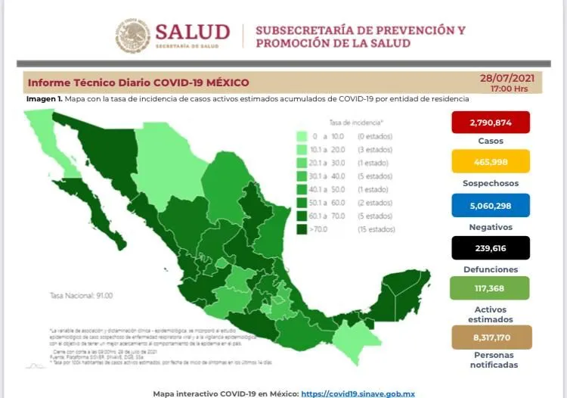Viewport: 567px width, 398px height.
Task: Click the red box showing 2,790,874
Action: click(490, 123)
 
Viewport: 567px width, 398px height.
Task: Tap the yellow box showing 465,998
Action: click(490, 164)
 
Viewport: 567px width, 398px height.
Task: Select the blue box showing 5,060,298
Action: click(490, 207)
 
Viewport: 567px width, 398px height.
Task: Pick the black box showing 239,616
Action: click(490, 248)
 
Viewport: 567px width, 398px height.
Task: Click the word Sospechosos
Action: click(490, 184)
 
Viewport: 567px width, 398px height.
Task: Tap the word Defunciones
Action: click(490, 269)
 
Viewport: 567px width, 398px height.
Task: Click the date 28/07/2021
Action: click(507, 78)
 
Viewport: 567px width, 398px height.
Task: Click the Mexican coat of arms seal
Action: click(133, 36)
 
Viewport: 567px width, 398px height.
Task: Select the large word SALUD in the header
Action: click(192, 32)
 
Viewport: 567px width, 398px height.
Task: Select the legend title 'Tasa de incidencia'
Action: click(355, 121)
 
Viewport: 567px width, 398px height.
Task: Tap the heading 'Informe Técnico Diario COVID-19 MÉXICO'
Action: click(138, 82)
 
